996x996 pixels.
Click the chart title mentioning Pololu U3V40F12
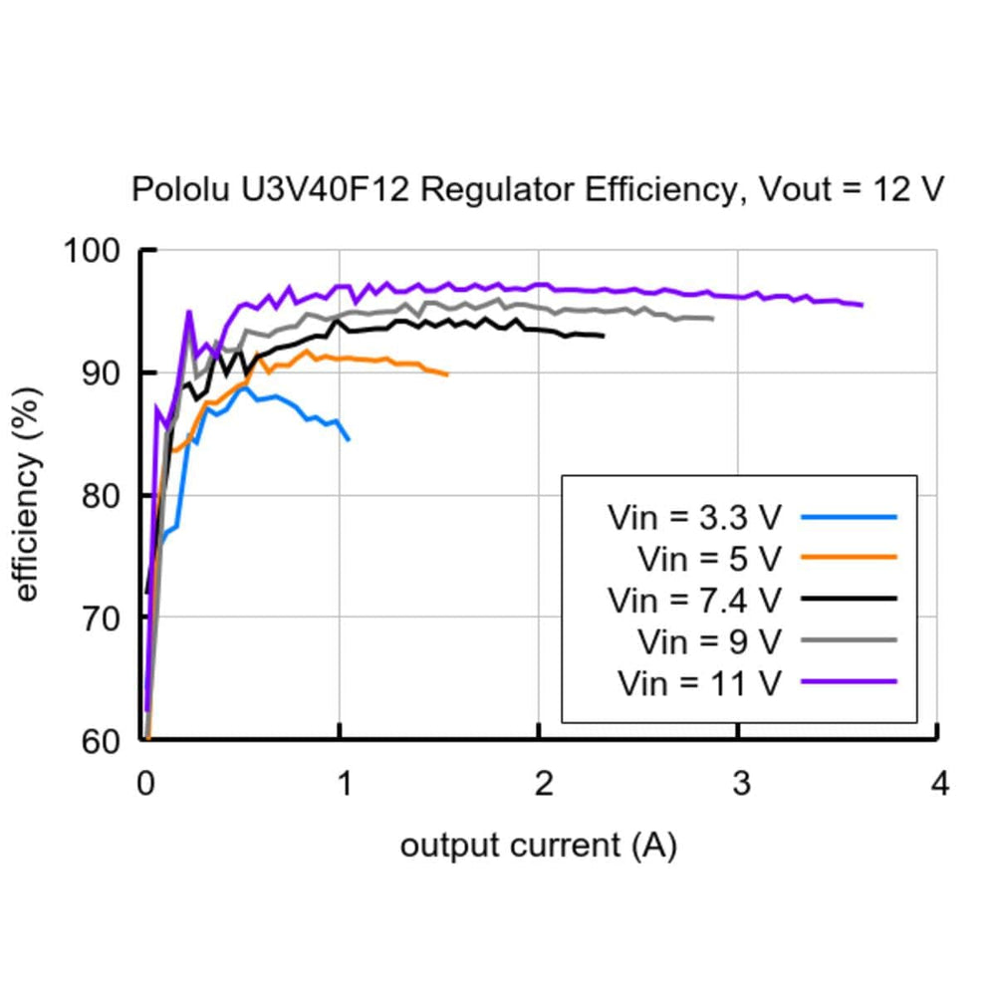pos(538,189)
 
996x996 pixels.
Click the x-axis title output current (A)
pos(538,847)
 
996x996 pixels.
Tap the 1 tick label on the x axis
pos(344,785)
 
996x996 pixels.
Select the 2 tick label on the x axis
pos(543,785)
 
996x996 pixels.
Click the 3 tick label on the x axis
pos(741,785)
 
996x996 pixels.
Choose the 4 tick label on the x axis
pos(939,785)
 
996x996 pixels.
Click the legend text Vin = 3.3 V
pos(694,518)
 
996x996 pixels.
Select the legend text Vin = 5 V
pos(708,559)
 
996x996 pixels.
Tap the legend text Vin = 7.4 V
pos(694,600)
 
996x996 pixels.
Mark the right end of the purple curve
pos(862,305)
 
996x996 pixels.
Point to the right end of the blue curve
pos(348,439)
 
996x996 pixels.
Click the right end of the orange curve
pos(447,374)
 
